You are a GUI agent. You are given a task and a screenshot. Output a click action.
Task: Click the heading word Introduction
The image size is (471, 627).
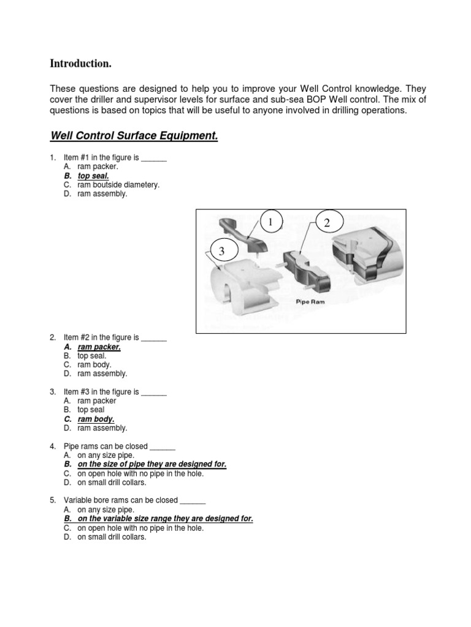(x=80, y=64)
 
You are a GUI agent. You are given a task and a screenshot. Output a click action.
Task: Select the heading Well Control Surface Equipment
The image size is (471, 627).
(x=134, y=135)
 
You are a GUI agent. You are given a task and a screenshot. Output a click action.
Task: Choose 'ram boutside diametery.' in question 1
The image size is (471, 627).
(x=118, y=185)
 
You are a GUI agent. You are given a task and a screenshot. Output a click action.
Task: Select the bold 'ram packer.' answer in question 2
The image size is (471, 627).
(x=99, y=347)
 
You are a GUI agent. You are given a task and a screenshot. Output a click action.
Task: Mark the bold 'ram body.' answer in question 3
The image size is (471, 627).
(x=96, y=419)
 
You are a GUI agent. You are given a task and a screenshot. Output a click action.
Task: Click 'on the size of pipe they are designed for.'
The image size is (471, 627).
(x=151, y=464)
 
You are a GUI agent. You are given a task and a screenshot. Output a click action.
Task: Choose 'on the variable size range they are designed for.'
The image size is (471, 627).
(x=165, y=519)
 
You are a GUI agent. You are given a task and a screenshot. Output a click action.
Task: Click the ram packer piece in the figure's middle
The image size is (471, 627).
(x=304, y=270)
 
